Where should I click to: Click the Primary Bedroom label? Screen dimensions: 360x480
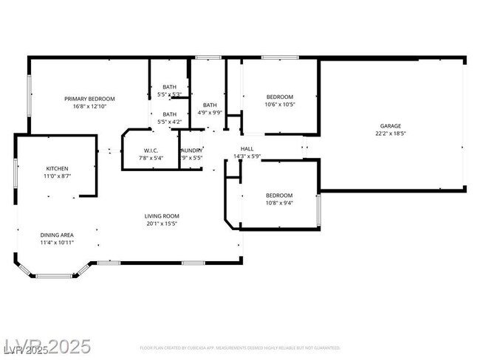pyautogui.click(x=89, y=99)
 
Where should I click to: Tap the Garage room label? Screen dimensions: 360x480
pyautogui.click(x=391, y=126)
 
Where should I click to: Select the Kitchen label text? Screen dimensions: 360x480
pyautogui.click(x=57, y=169)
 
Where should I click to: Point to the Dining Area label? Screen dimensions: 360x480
pyautogui.click(x=57, y=235)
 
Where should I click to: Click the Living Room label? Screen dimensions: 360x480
pyautogui.click(x=162, y=216)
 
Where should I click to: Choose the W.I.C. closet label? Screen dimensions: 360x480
pyautogui.click(x=152, y=150)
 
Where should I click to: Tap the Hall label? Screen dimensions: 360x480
pyautogui.click(x=247, y=149)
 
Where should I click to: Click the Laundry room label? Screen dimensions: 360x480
pyautogui.click(x=192, y=150)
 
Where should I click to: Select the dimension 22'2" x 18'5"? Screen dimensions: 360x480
pyautogui.click(x=391, y=134)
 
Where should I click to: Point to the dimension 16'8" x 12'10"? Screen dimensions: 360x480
pyautogui.click(x=89, y=106)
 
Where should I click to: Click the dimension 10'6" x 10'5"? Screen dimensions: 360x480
pyautogui.click(x=280, y=105)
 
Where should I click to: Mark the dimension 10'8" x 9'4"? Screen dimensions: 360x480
pyautogui.click(x=279, y=203)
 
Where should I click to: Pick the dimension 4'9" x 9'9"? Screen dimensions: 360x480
pyautogui.click(x=210, y=112)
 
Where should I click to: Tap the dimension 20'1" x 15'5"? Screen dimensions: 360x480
pyautogui.click(x=162, y=224)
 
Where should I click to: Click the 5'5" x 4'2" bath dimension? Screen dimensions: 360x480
pyautogui.click(x=170, y=122)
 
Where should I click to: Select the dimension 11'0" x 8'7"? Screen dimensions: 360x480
pyautogui.click(x=57, y=176)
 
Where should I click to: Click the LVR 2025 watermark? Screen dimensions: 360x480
pyautogui.click(x=46, y=345)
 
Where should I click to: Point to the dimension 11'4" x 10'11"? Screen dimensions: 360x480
pyautogui.click(x=57, y=242)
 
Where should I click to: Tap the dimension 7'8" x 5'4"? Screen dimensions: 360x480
pyautogui.click(x=152, y=158)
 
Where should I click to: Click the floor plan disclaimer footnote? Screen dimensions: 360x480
pyautogui.click(x=240, y=347)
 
